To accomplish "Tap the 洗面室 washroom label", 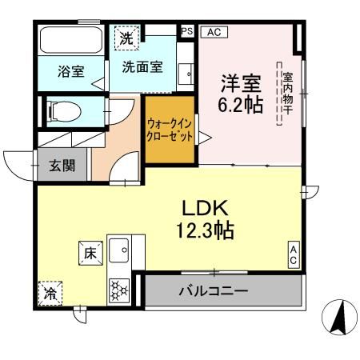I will pos(142,67).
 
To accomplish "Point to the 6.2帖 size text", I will pos(241,105).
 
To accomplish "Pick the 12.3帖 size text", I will pos(206,231).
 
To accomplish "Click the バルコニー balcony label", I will pos(213,290).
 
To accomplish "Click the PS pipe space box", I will pos(187,32).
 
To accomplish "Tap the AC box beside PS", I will pos(214,32).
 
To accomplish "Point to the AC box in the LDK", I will pos(294,256).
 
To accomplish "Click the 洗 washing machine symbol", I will pos(126,36).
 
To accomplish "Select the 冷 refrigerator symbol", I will pos(50,294).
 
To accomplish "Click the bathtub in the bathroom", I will pos(70,41).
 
